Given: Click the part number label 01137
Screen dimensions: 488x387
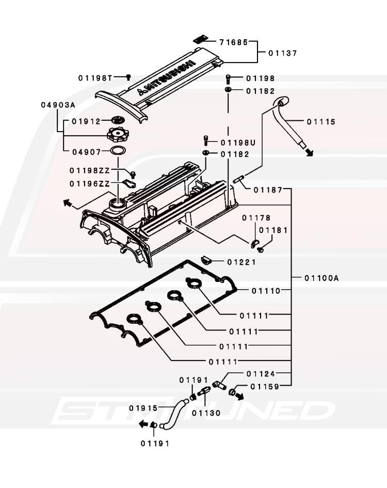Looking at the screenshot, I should click(283, 53).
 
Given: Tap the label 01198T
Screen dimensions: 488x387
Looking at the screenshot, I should click(95, 78).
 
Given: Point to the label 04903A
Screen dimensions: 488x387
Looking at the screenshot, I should click(58, 105).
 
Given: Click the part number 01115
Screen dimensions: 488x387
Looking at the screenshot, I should click(321, 122).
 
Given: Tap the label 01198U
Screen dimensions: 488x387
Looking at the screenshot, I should click(238, 143).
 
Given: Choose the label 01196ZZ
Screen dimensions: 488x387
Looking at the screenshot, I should click(90, 184).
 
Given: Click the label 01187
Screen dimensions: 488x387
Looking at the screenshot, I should click(267, 190).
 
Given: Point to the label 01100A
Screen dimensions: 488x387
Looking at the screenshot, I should click(321, 278).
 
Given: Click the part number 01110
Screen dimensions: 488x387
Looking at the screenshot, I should click(266, 291).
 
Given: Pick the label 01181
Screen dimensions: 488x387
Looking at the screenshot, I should click(273, 230).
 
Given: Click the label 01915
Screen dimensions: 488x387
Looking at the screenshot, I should click(143, 407).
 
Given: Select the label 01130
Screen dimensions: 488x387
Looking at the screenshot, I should click(206, 413).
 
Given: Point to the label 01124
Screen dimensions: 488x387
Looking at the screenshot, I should click(261, 373).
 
